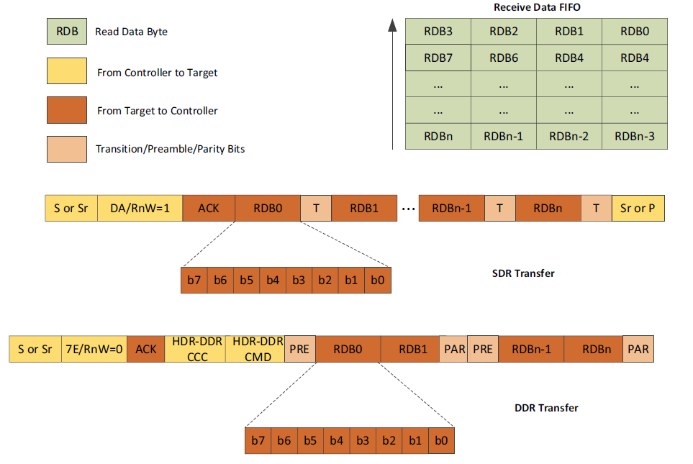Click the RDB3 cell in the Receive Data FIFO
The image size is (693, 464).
coord(438,31)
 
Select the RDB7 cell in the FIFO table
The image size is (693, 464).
coord(438,58)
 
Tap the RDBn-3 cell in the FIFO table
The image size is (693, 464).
coord(635,136)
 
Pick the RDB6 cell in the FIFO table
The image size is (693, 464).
coord(503,58)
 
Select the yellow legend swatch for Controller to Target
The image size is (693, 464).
coord(66,72)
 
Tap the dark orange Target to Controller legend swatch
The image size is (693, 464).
coord(66,111)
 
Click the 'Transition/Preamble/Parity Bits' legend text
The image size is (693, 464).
coord(170,150)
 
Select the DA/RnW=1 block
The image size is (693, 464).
coord(140,208)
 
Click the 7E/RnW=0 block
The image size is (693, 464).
coord(94,349)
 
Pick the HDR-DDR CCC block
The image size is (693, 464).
coord(196,349)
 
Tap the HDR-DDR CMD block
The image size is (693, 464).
coord(255,349)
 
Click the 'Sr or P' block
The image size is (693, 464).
coord(638,208)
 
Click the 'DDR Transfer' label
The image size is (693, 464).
coord(546,408)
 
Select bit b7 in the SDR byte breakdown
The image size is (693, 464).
coord(194,281)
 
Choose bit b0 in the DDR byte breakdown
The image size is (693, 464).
coord(441,440)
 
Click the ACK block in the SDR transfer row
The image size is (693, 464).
coord(209,208)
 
